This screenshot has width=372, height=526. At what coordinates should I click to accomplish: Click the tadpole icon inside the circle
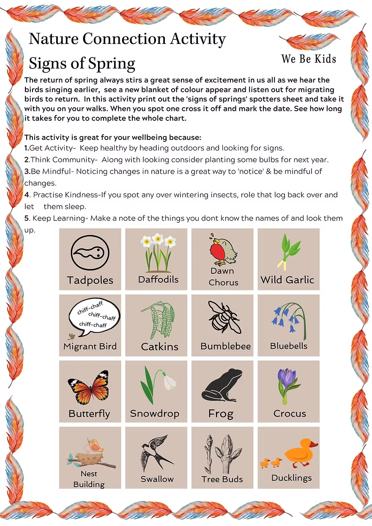point(89,253)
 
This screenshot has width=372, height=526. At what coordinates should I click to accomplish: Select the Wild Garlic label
point(287,280)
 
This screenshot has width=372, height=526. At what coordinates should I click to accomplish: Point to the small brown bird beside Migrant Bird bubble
point(71,336)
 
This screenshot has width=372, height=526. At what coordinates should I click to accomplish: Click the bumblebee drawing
point(224,318)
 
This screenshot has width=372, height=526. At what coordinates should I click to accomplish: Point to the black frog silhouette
point(222,385)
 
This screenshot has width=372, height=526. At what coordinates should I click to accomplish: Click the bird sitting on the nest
point(96,444)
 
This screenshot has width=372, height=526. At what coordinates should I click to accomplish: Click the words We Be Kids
point(309,59)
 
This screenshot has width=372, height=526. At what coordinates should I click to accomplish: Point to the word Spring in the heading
point(112,64)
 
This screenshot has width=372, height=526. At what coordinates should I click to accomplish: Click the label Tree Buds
point(222,479)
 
